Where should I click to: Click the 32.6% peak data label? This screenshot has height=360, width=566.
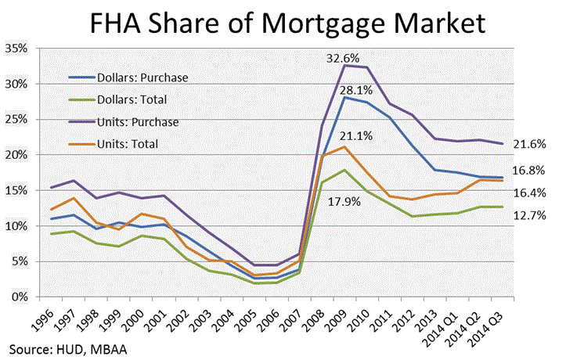tap(349, 56)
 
